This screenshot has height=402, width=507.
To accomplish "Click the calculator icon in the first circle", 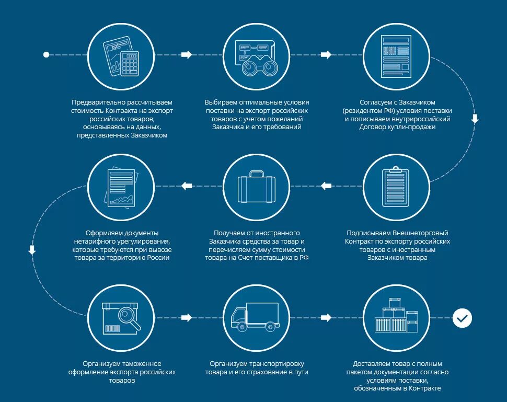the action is coord(129,63).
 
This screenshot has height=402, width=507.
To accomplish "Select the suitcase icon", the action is coord(257,187).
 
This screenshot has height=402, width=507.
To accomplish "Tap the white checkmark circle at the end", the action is coord(462,317).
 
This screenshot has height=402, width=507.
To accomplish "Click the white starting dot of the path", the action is coord(46,54).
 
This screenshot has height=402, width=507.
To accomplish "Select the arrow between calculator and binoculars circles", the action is coord(186,54).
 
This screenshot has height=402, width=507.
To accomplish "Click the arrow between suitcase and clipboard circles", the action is coord(326,186).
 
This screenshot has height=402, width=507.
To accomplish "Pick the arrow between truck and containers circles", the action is coord(326,317).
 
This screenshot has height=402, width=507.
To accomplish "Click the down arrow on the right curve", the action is coord(475,119).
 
